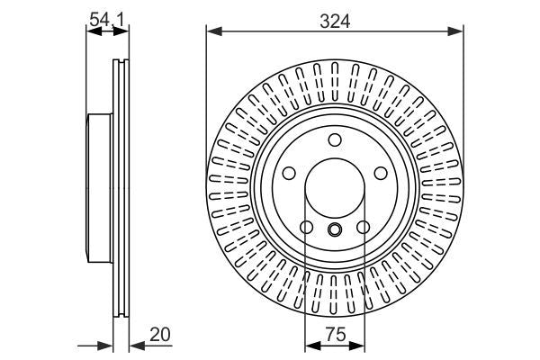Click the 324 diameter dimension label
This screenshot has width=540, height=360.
(335, 16)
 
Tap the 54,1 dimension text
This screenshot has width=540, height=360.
(106, 15)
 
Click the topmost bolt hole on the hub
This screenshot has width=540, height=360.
(335, 139)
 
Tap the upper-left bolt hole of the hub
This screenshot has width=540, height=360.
(290, 174)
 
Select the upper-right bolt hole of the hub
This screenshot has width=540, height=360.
(380, 174)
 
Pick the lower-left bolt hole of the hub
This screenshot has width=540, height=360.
(306, 228)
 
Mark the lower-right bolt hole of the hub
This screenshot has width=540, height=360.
(364, 228)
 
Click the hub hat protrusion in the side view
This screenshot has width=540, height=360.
(99, 189)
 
